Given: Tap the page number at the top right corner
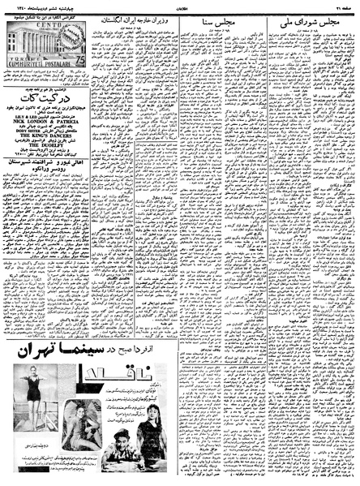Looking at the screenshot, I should [x=345, y=5].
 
